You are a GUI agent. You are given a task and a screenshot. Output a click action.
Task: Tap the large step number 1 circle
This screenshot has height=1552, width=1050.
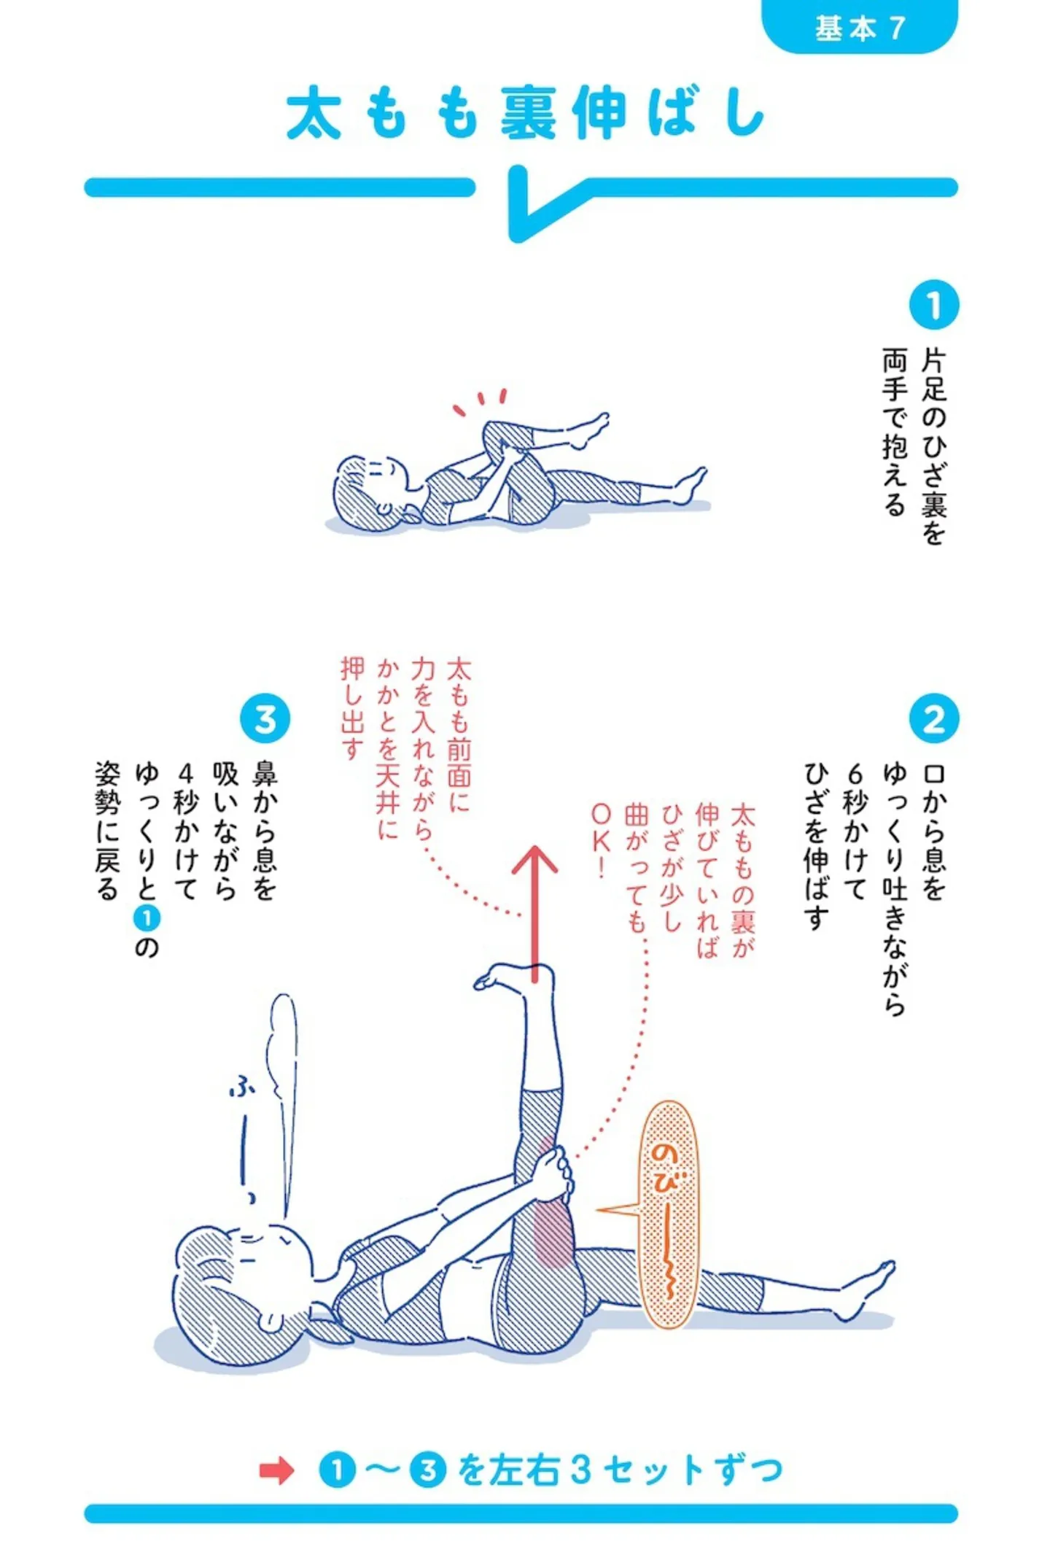click(x=933, y=306)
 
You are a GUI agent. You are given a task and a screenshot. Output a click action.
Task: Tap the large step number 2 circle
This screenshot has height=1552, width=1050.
click(x=933, y=718)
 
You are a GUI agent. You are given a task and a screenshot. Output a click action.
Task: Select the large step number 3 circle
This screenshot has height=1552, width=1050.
click(x=265, y=718)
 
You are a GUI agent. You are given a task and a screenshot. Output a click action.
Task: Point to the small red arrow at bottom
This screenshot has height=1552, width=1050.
click(x=276, y=1470)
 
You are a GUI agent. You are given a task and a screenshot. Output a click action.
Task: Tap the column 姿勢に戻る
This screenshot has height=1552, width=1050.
click(x=107, y=831)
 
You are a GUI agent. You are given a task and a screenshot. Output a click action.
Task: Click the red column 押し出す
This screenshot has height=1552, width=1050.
click(x=353, y=708)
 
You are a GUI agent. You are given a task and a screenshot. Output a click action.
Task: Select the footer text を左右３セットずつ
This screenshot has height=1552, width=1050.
click(x=621, y=1470)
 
